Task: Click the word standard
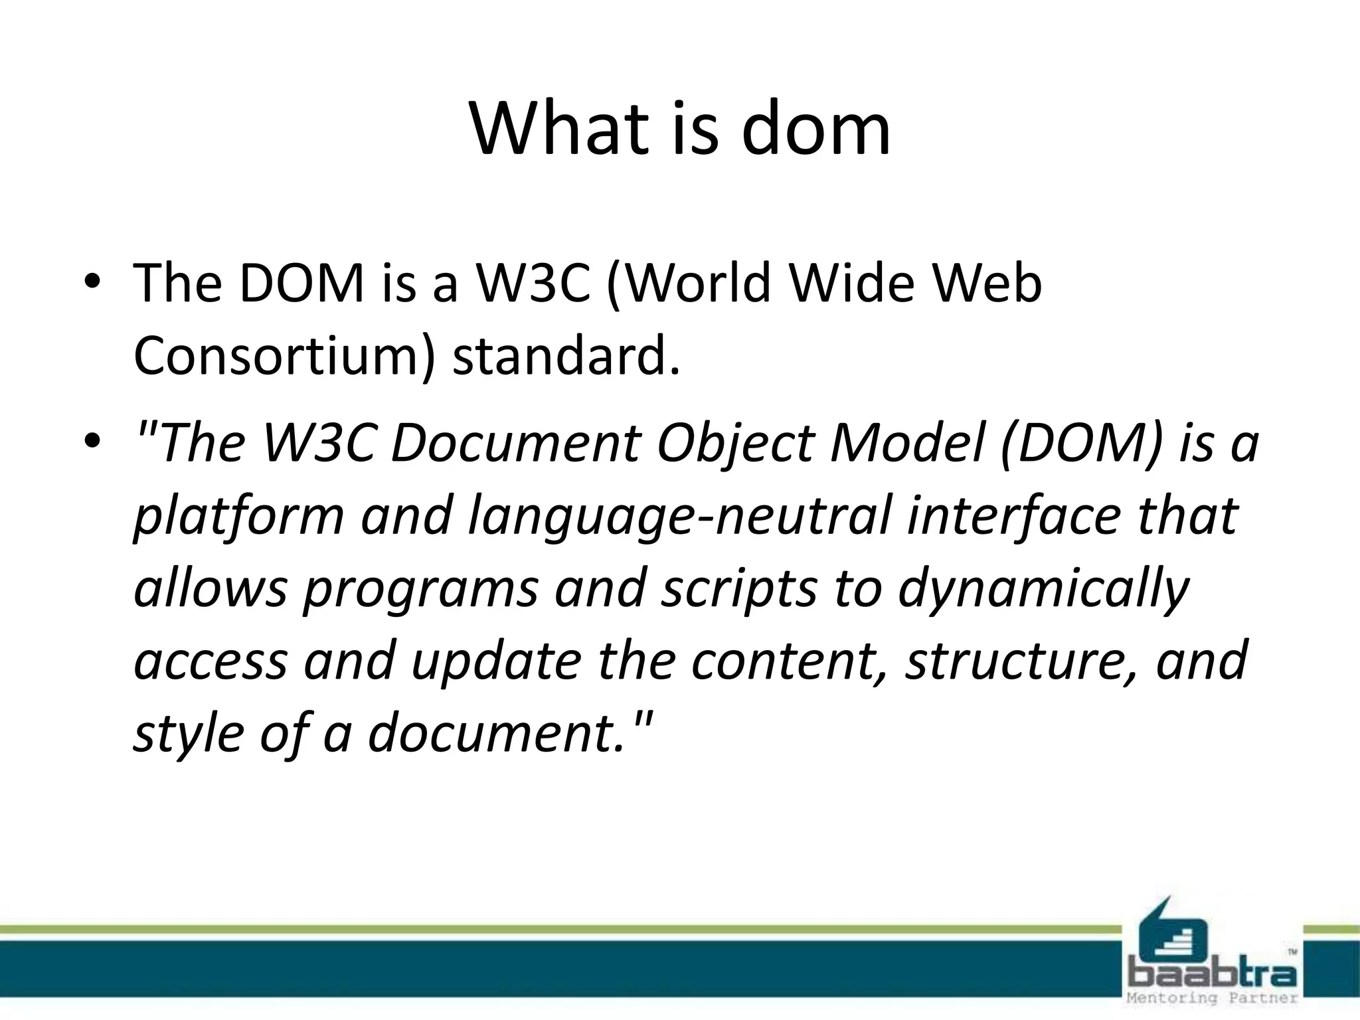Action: pos(566,357)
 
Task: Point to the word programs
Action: pos(420,589)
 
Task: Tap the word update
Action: pos(496,662)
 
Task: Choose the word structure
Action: pos(1023,662)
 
